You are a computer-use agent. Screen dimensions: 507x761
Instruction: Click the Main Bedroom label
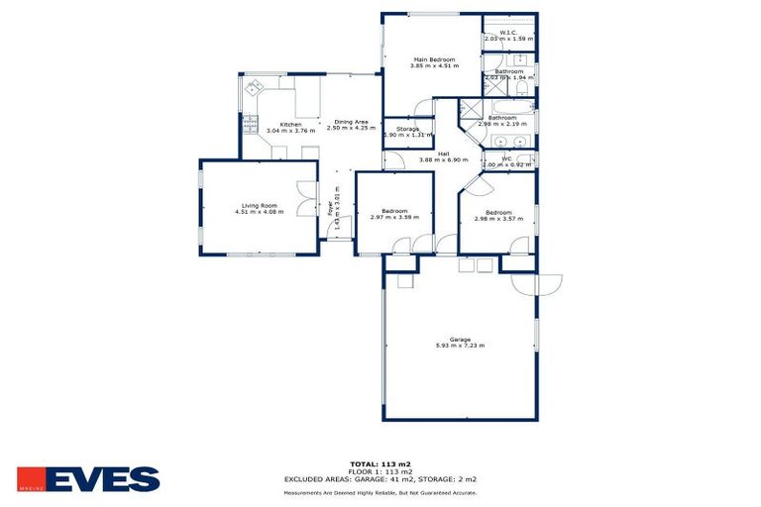click(x=434, y=59)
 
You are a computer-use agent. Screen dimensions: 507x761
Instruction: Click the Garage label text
click(x=459, y=340)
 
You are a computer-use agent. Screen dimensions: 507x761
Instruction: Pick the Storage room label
click(x=408, y=129)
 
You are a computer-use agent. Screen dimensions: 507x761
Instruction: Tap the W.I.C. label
click(x=508, y=33)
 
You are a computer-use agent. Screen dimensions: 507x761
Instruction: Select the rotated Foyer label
click(x=330, y=208)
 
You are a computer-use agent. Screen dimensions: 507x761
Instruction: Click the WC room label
click(x=507, y=157)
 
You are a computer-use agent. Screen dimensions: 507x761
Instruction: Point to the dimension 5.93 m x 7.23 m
click(x=459, y=347)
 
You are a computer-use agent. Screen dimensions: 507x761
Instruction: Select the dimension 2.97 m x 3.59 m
click(x=394, y=217)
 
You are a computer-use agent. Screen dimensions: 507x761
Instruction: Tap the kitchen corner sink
click(x=253, y=86)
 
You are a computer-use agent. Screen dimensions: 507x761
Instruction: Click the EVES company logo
click(x=88, y=478)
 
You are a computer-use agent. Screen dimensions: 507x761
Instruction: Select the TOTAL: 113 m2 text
click(x=380, y=463)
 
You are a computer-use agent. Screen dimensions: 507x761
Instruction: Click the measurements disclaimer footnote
click(x=380, y=491)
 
